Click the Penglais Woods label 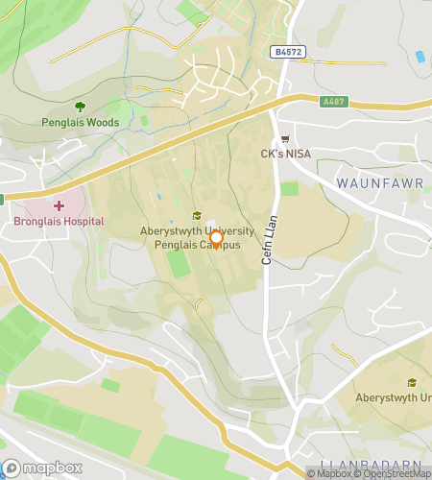(x=80, y=122)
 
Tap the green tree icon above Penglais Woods (x=80, y=107)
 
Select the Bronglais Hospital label (x=60, y=222)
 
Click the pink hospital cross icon (x=60, y=205)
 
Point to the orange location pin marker (x=217, y=239)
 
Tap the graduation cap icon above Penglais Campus (x=198, y=215)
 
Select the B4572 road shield (x=286, y=52)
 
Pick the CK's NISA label (x=288, y=154)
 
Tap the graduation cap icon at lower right (x=413, y=382)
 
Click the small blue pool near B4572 (x=420, y=57)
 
